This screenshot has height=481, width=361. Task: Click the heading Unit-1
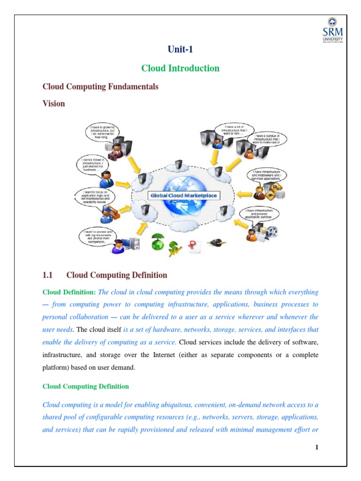180,49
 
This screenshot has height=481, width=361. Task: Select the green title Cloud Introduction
180,68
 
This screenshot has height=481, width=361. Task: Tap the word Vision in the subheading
54,103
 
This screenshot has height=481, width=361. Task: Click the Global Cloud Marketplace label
184,194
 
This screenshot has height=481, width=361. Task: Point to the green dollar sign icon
175,246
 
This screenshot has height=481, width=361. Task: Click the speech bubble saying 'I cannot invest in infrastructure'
94,166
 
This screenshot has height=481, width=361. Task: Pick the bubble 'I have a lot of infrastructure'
233,129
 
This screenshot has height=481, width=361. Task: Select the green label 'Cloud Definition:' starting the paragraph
69,292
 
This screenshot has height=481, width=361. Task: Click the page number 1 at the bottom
317,447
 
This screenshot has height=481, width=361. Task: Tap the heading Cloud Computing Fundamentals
100,87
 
